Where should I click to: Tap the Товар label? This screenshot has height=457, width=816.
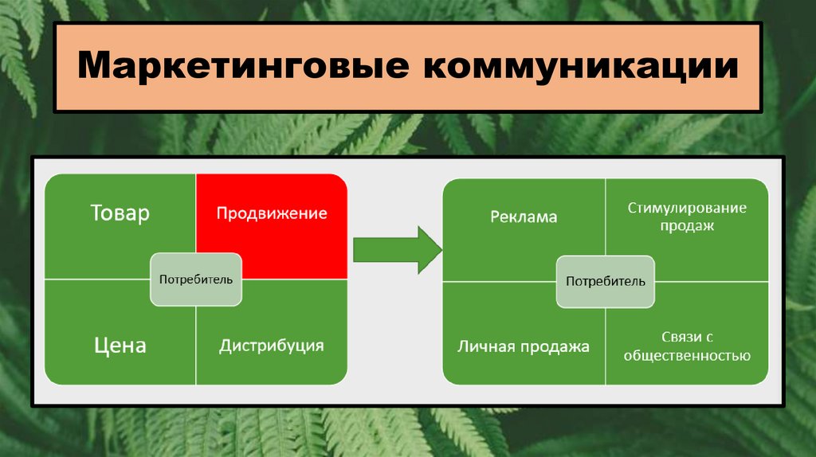point(120,213)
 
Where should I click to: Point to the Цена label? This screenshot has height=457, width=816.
point(120,346)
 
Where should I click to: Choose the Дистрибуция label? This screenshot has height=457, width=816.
point(272,346)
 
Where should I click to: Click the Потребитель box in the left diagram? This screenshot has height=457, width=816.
point(196,279)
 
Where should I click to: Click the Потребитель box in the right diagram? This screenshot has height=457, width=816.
point(606,282)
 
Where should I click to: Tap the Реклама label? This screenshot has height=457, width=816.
point(524,217)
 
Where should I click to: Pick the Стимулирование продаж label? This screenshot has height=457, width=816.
point(687,217)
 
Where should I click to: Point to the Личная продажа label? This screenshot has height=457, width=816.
point(524,346)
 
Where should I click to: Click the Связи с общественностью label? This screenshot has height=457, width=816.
point(687,346)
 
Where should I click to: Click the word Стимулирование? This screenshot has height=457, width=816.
point(687,208)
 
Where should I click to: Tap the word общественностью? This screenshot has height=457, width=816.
point(687,356)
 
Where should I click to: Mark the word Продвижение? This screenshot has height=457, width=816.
point(272,213)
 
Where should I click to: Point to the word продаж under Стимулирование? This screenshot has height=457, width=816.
point(687,226)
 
